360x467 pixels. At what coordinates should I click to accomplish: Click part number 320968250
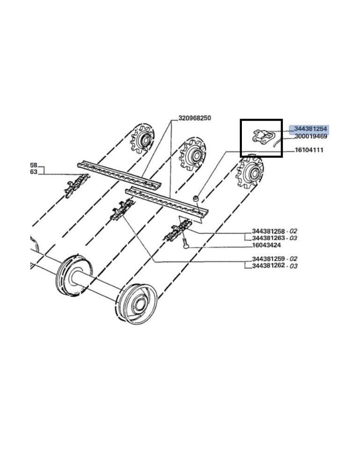[x=194, y=118]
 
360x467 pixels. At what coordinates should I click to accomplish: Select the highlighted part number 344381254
[x=311, y=129]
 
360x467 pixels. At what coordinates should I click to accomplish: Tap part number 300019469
[x=311, y=136]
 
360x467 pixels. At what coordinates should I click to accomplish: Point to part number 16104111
[x=309, y=150]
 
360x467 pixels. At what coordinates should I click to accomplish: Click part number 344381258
[x=268, y=231]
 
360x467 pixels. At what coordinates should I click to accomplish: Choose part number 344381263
[x=268, y=238]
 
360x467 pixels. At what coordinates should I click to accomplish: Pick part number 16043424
[x=266, y=246]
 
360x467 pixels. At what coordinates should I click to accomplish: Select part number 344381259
[x=268, y=259]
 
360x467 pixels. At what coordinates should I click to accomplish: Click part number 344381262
[x=268, y=266]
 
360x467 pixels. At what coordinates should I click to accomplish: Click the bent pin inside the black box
[x=277, y=142]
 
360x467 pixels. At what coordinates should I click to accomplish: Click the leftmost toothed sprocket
[x=142, y=139]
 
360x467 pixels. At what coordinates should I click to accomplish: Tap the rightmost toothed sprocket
[x=249, y=172]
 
